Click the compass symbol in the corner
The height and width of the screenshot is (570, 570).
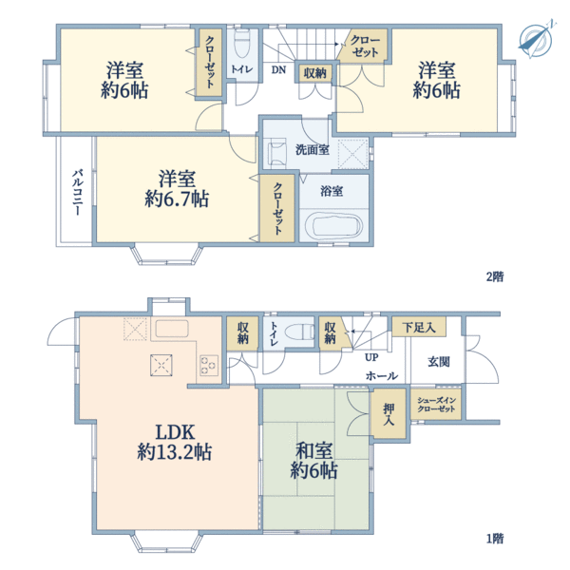536,40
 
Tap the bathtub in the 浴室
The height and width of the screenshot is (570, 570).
333,226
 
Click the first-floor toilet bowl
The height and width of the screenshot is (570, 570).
299,332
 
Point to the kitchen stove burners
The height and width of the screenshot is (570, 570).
209,366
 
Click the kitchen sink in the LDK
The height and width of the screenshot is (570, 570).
172,329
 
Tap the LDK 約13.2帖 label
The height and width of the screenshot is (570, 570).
175,443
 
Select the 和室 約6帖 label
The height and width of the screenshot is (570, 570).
313,461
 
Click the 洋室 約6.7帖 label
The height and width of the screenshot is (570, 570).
177,189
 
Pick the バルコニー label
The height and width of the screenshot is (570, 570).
77,192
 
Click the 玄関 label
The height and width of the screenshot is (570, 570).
439,362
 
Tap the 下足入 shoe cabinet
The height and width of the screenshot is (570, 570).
419,327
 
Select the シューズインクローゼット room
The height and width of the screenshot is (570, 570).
436,405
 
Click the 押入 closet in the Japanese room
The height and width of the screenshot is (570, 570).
389,413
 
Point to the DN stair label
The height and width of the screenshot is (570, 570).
278,69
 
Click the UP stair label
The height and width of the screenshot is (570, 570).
371,358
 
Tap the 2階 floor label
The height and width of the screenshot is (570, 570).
495,277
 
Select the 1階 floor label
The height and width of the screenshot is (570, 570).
495,539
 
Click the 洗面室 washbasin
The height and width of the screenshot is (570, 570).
275,153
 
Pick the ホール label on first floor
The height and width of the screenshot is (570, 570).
382,375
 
